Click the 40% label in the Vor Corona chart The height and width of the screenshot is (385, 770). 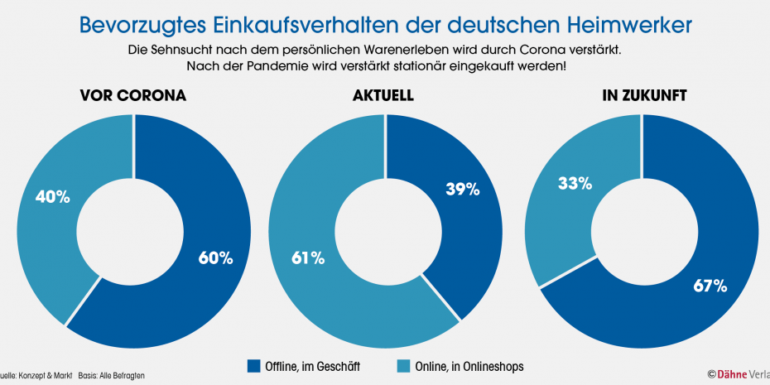tap(51, 197)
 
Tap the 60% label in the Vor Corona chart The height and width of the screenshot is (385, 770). tap(215, 257)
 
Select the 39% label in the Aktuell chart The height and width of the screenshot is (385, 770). tap(462, 190)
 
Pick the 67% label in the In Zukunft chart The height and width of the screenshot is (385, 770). tap(710, 286)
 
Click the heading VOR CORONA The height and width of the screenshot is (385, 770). tap(132, 96)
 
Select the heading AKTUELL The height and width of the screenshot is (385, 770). tap(383, 96)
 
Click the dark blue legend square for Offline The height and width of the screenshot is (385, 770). tap(253, 366)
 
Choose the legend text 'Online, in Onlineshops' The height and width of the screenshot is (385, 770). tap(469, 366)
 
